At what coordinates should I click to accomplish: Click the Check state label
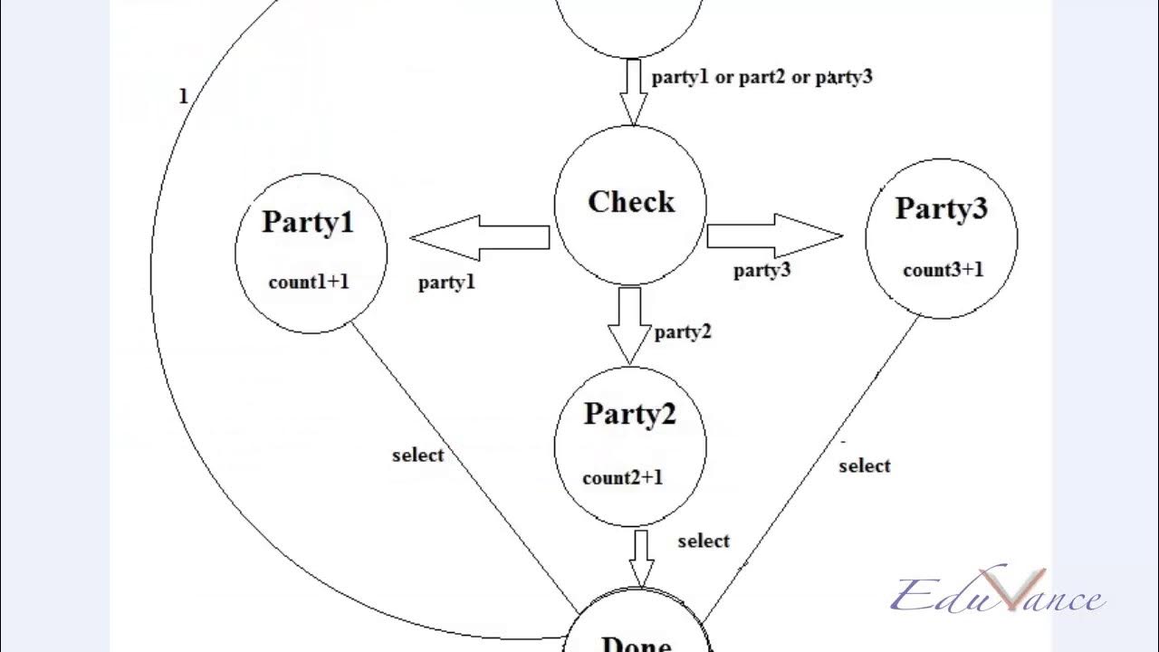coord(631,202)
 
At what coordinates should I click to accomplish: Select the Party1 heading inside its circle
coord(308,223)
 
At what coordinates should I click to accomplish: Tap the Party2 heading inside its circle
coord(630,414)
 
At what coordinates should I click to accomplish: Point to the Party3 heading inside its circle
coord(942,208)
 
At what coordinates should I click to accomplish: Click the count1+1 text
coord(309,282)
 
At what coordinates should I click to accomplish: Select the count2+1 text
coord(623,477)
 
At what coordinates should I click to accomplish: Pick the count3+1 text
coord(943,270)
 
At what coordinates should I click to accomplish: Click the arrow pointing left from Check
coord(479,238)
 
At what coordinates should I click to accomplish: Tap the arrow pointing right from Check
coord(774,236)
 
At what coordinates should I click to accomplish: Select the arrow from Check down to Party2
coord(630,324)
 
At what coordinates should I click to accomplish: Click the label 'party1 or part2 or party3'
coord(761,77)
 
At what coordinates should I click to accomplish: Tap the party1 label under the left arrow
coord(446,283)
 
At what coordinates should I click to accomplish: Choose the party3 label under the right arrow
coord(761,270)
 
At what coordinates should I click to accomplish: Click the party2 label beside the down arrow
coord(683,332)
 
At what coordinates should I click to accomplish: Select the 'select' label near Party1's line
coord(417,455)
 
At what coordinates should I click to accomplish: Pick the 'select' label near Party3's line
coord(864,465)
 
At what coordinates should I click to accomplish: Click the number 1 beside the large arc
coord(184,96)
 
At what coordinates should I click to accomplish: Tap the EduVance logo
coord(996,595)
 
